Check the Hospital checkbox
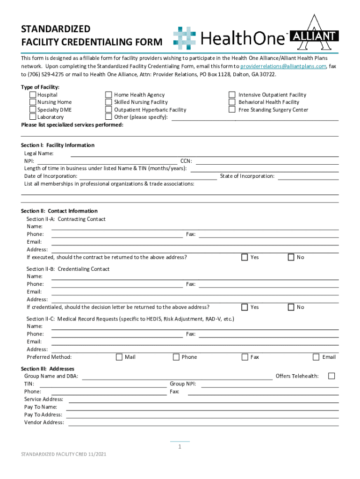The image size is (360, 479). coord(33,95)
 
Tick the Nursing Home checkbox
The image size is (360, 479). coord(33,102)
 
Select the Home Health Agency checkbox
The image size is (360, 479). coord(108,95)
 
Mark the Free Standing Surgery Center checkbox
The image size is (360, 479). coord(232,110)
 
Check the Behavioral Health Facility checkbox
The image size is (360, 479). coord(232,102)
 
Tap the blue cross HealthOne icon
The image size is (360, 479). coord(185,38)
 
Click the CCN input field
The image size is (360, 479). coord(267,161)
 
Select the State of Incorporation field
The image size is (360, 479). coord(309,176)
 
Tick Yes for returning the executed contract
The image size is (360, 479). coord(245,257)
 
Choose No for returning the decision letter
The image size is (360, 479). coord(291,307)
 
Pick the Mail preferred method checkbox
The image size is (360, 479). coord(119,357)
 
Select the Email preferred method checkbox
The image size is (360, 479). coord(316,357)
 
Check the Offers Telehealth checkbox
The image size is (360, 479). coord(331,376)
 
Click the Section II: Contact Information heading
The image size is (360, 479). coord(59,211)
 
